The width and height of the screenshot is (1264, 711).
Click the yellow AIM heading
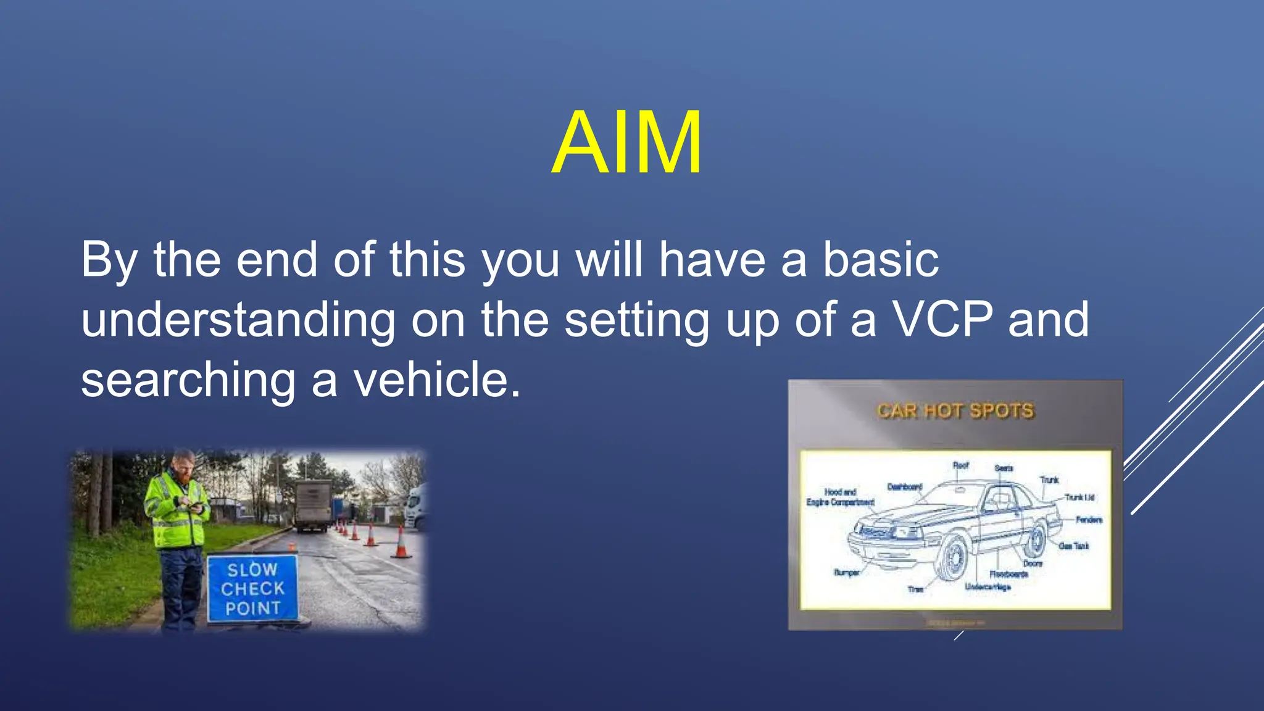click(x=626, y=143)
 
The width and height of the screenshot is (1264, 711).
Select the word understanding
click(x=238, y=321)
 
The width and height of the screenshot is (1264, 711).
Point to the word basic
click(x=881, y=260)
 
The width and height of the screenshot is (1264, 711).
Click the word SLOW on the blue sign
click(x=252, y=569)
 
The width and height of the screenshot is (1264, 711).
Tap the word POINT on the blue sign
click(x=252, y=609)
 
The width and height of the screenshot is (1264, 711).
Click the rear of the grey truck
click(x=312, y=506)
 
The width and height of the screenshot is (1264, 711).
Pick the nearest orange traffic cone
click(x=401, y=543)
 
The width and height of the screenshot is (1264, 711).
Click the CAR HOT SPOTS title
click(x=955, y=411)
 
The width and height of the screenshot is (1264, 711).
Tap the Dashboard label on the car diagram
click(x=904, y=487)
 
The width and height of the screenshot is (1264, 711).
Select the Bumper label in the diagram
click(x=847, y=573)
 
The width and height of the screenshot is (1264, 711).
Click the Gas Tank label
click(x=1073, y=546)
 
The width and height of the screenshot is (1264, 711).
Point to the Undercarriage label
click(x=987, y=587)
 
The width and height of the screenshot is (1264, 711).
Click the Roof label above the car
click(x=960, y=465)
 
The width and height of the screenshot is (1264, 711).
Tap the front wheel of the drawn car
click(x=954, y=559)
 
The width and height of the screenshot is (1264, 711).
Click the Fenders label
click(x=1088, y=520)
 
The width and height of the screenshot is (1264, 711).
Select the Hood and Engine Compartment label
click(x=840, y=497)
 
